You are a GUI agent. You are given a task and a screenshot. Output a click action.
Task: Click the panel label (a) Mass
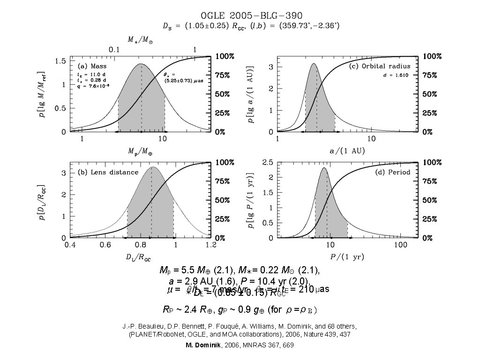click(x=92, y=66)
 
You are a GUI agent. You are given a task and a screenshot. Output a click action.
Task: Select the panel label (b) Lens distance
click(x=108, y=172)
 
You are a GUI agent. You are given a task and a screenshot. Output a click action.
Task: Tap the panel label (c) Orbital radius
click(x=380, y=67)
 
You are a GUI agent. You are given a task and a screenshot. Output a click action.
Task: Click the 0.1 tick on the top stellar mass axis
click(x=114, y=49)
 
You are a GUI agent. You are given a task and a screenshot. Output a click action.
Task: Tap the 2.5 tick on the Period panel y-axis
click(x=268, y=162)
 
